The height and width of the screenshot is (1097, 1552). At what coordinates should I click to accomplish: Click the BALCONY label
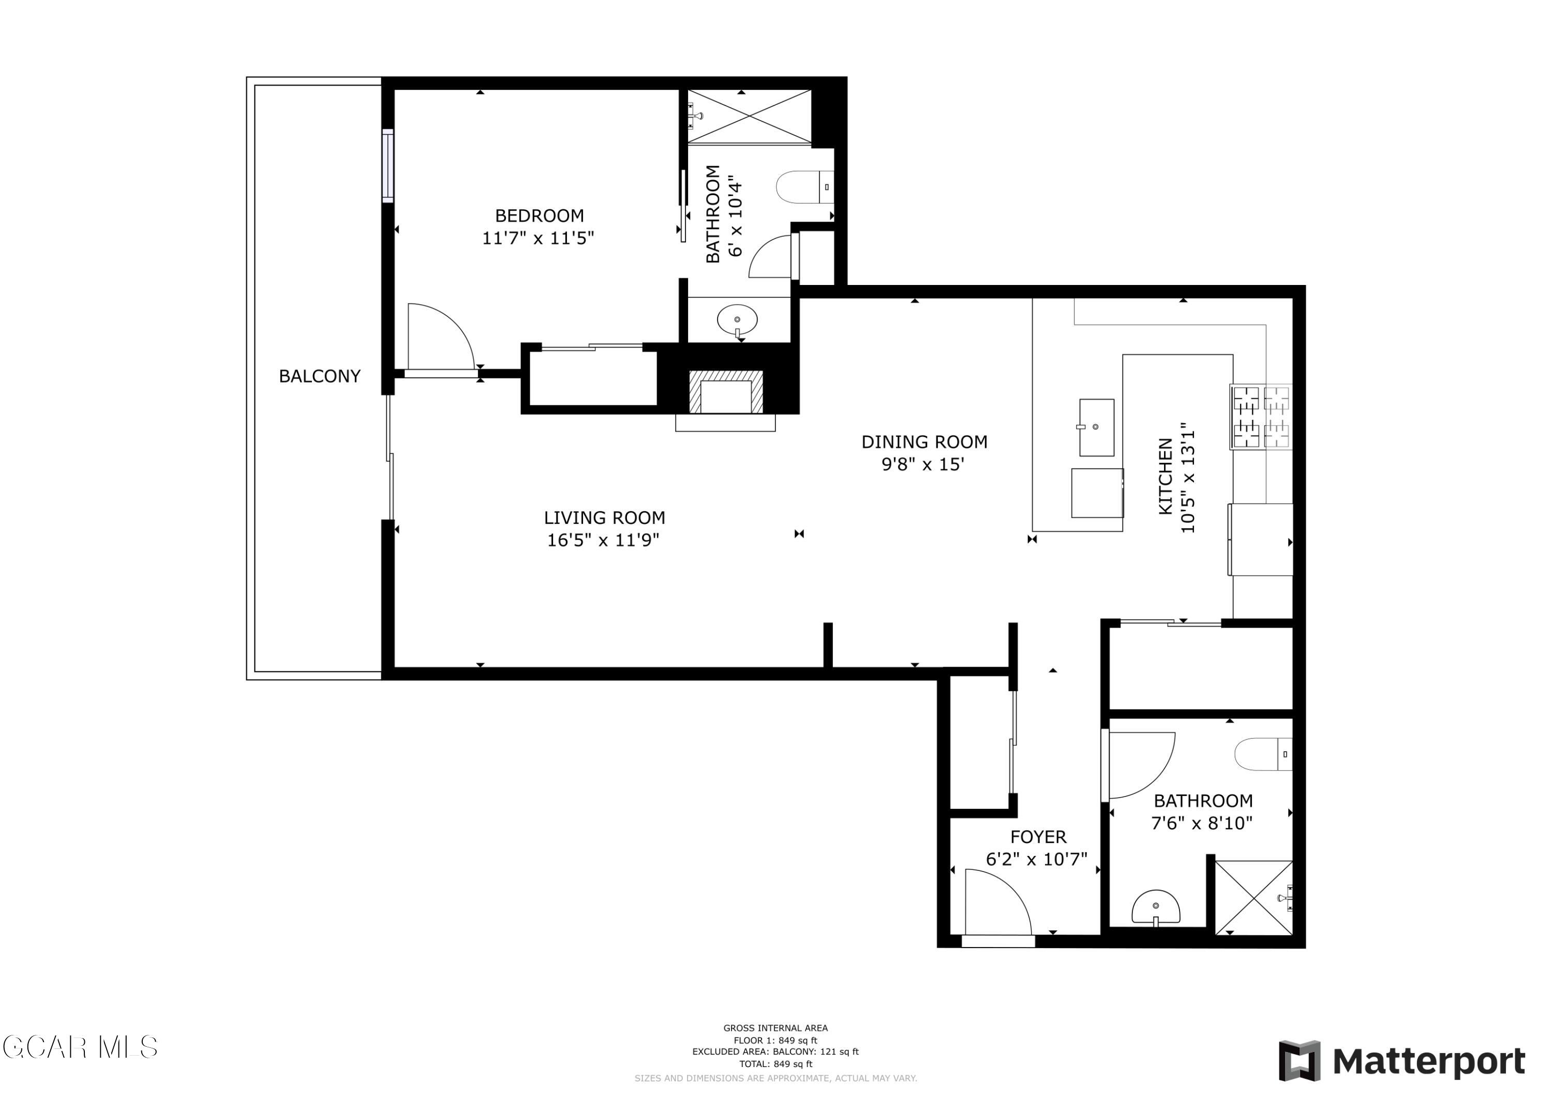click(x=320, y=377)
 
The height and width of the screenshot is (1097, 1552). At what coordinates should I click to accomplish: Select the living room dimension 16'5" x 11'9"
click(x=603, y=540)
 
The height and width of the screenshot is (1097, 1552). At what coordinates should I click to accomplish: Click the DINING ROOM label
click(x=923, y=442)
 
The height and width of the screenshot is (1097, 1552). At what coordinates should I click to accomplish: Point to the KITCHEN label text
click(x=1166, y=476)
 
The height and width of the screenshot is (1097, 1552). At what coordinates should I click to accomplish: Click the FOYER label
click(x=1038, y=837)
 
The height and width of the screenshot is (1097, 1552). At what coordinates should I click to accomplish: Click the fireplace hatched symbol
click(x=726, y=393)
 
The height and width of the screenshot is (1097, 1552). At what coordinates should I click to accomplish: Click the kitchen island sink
click(x=1096, y=427)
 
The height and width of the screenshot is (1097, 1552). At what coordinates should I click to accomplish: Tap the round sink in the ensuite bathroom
click(x=737, y=320)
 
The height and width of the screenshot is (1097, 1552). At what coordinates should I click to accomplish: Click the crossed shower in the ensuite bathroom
click(x=750, y=116)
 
